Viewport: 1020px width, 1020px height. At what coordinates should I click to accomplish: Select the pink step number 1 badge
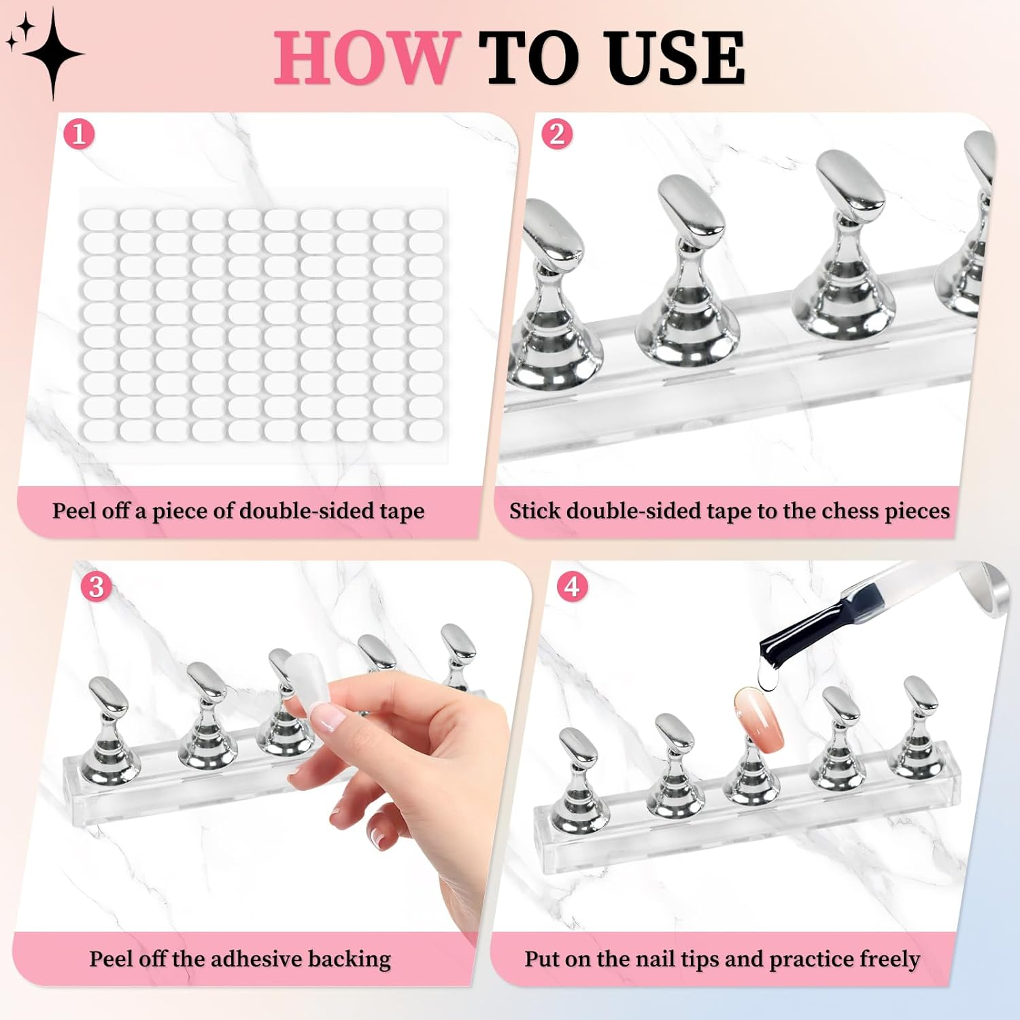coord(78,134)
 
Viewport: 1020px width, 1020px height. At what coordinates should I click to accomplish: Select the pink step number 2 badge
coord(557,134)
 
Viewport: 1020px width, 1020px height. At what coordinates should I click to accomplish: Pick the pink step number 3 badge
coord(96,586)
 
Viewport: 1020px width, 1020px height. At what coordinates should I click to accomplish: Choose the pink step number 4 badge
coord(573,586)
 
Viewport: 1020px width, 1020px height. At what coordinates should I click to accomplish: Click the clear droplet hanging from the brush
coord(766,677)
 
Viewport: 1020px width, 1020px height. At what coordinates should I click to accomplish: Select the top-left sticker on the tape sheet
coord(99,219)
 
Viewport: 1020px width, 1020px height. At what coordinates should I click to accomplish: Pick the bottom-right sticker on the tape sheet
coord(426,430)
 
